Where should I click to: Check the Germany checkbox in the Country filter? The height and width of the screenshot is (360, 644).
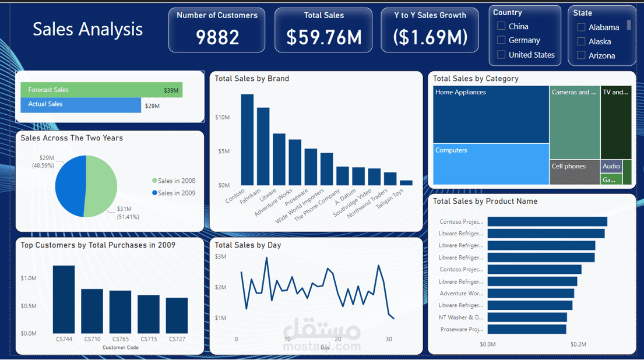pos(501,40)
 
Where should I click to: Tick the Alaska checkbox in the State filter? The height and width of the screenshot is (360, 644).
pos(581,41)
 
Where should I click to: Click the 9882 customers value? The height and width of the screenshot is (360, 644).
pos(217,37)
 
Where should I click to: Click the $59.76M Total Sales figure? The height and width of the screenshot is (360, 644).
pos(324,37)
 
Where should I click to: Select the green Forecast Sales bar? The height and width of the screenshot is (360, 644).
pos(101,90)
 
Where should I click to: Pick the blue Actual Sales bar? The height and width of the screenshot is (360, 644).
pos(80,104)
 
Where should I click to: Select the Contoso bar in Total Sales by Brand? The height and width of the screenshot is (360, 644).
pos(247,140)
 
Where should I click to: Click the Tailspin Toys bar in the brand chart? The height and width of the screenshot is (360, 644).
pos(406,182)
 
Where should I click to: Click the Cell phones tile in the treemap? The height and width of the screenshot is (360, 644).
pos(575,172)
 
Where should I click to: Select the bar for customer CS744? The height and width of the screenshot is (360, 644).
pos(64,299)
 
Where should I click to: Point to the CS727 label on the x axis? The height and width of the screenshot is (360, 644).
pos(177,339)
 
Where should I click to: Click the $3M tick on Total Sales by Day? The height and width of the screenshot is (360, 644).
pos(220,256)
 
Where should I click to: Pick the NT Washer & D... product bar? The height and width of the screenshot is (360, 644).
pos(527,317)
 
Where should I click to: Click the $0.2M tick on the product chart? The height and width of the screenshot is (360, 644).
pos(578,344)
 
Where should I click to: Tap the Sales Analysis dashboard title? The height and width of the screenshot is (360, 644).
pos(87,29)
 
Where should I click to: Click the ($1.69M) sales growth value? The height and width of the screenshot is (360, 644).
pos(430,37)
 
